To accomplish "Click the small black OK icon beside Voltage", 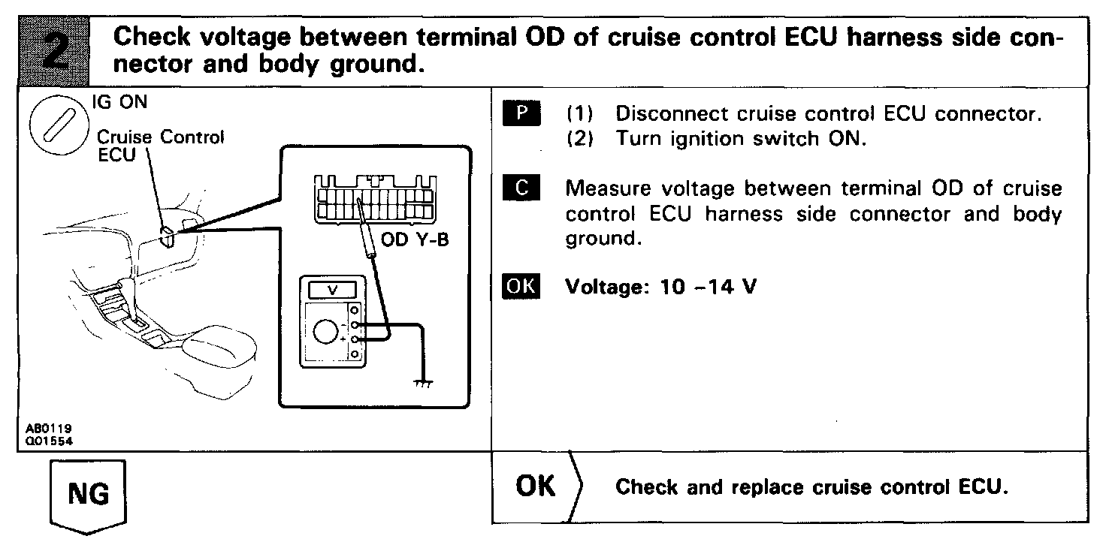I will [519, 287].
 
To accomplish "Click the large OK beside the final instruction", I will [536, 486].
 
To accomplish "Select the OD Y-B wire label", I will [416, 242].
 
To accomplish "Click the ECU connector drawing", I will [373, 199].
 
